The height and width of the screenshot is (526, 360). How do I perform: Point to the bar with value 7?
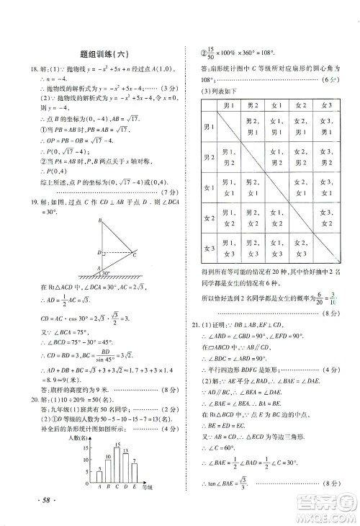[x=135, y=474]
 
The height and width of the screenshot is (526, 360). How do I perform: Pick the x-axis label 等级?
[x=148, y=488]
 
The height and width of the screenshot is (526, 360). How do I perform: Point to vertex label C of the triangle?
[x=134, y=254]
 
